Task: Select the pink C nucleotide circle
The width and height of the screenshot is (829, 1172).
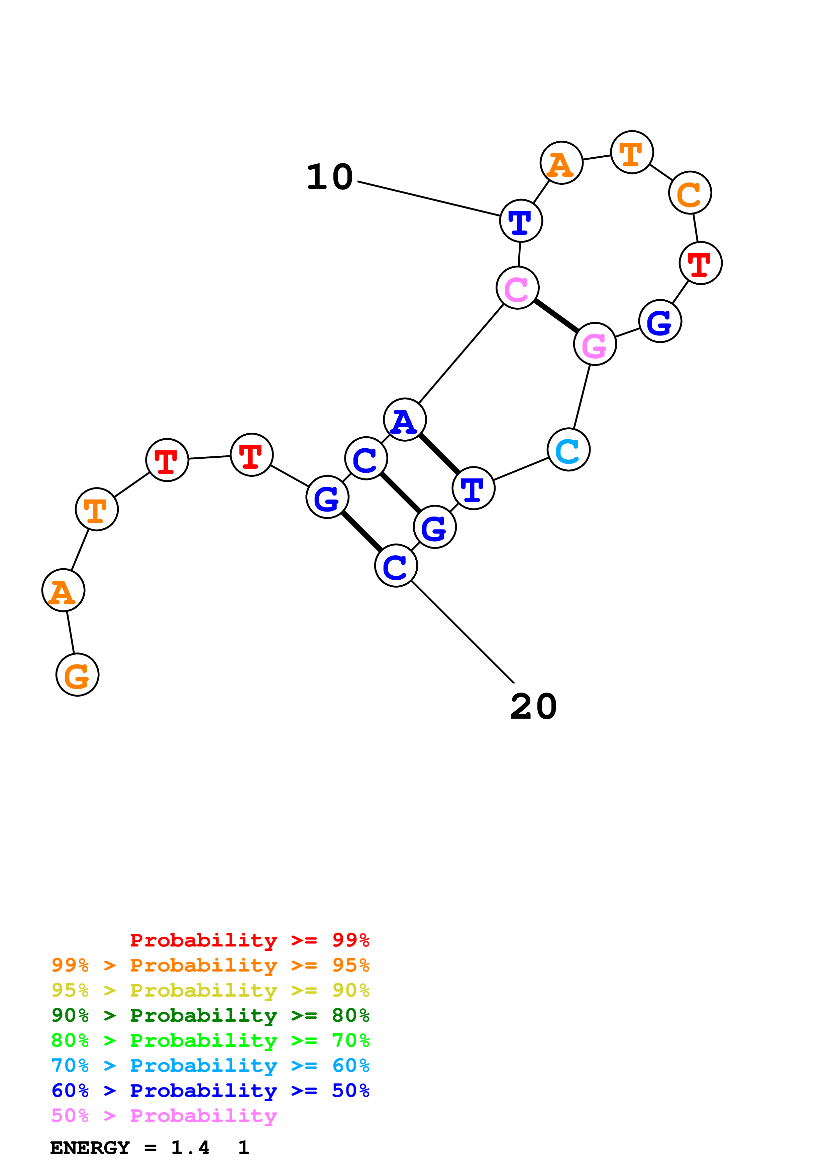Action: [x=517, y=288]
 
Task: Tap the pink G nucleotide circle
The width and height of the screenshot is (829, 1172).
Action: [x=595, y=344]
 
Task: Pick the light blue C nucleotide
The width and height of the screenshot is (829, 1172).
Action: [x=568, y=450]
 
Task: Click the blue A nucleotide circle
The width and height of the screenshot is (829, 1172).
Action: [x=405, y=420]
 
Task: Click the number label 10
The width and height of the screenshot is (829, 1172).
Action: [x=330, y=177]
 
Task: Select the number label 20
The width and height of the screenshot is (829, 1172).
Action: [x=533, y=707]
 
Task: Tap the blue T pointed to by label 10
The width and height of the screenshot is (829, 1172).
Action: [x=521, y=221]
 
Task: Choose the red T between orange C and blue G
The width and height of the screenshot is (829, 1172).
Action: [x=700, y=263]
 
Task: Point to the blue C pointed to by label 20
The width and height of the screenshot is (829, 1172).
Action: [x=396, y=566]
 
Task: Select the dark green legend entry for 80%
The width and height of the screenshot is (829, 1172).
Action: [x=210, y=1015]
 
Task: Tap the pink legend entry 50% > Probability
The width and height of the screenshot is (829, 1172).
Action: [x=164, y=1115]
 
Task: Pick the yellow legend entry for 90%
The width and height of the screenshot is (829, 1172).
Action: [x=210, y=990]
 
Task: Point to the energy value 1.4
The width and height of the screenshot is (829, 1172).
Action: [x=190, y=1148]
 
